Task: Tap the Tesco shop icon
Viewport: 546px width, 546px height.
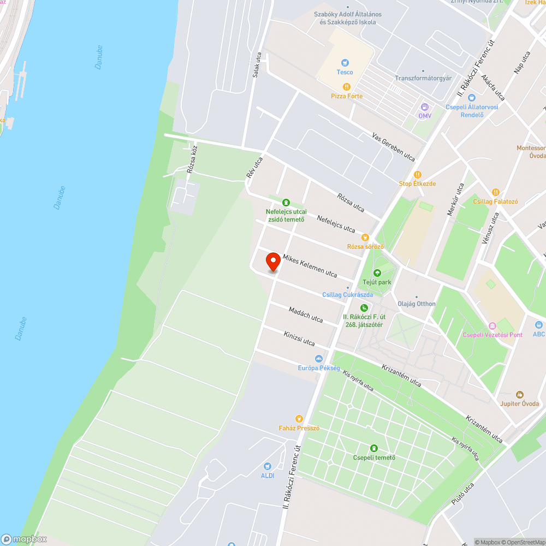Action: coord(345,63)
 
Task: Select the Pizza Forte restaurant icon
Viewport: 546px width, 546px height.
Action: coord(346,87)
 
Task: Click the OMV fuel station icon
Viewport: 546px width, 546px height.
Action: coord(425,107)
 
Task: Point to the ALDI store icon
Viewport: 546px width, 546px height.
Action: coord(267,466)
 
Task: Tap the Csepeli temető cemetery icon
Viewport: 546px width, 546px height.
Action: coord(374,448)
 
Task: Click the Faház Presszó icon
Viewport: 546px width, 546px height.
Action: coord(299,419)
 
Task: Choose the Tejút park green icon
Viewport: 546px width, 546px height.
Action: coord(377,273)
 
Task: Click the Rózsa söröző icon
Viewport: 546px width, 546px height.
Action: coord(365,238)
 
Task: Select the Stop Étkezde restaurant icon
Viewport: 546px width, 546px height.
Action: coord(418,174)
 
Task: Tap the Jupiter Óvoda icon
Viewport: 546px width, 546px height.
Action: coord(520,394)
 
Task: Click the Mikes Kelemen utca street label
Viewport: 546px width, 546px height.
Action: coord(310,265)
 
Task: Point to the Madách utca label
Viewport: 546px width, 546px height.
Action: coord(306,314)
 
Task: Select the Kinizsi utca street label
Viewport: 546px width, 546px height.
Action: coord(299,339)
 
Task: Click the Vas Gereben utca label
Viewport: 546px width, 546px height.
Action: coord(393,147)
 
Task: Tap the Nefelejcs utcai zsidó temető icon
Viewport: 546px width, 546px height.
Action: coord(286,203)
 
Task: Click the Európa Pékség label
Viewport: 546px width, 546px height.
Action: coord(319,368)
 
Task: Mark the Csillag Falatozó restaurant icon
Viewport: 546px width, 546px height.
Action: coord(495,192)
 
